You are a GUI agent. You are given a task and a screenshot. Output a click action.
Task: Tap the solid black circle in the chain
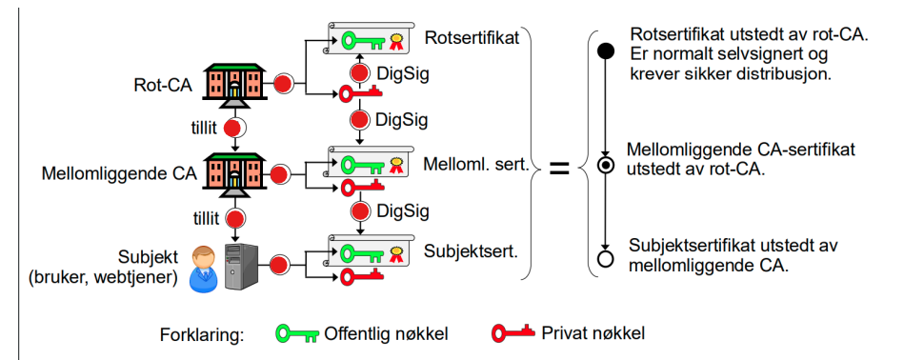(x=605, y=51)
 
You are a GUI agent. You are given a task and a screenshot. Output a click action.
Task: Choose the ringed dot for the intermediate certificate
(x=605, y=164)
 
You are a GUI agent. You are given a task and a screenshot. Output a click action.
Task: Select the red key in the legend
(x=514, y=333)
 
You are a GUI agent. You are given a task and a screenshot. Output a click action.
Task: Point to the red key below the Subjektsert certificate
(x=359, y=276)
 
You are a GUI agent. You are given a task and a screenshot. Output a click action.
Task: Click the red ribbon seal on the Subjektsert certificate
(x=395, y=254)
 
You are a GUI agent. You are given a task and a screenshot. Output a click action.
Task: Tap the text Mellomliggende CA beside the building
(x=119, y=174)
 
